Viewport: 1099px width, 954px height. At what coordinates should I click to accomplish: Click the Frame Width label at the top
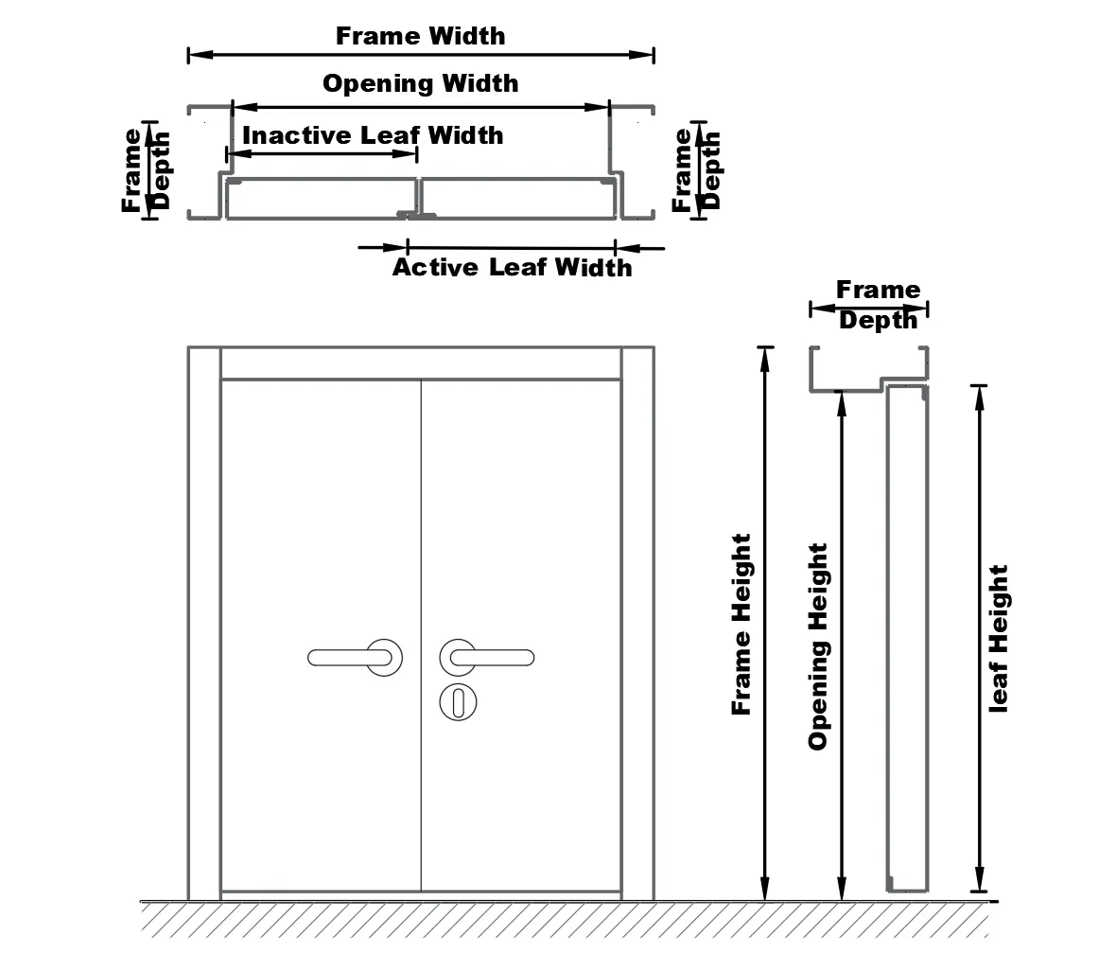[421, 36]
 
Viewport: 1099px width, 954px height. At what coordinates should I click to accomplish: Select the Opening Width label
[421, 83]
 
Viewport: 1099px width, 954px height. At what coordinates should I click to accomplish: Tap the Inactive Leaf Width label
[373, 134]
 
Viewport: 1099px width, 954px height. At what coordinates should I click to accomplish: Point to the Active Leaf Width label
[512, 267]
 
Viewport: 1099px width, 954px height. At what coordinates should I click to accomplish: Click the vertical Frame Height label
[741, 625]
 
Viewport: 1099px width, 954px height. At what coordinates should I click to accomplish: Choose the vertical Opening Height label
[818, 646]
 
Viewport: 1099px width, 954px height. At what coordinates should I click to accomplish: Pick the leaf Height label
[998, 639]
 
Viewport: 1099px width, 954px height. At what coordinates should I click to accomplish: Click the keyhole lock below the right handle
[459, 702]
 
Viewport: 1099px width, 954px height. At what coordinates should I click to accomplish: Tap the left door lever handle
[356, 657]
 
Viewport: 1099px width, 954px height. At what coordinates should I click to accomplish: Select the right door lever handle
[486, 657]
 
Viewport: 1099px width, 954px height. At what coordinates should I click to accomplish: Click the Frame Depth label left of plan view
[145, 169]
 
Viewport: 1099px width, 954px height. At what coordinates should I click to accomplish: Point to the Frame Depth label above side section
[879, 305]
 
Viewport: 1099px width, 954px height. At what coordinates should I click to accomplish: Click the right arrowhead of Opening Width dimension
[597, 107]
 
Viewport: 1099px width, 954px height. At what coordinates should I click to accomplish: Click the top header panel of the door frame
[421, 364]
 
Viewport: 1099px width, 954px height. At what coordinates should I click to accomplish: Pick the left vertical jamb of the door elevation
[204, 624]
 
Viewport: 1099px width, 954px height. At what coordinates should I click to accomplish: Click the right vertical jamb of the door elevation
[637, 624]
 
